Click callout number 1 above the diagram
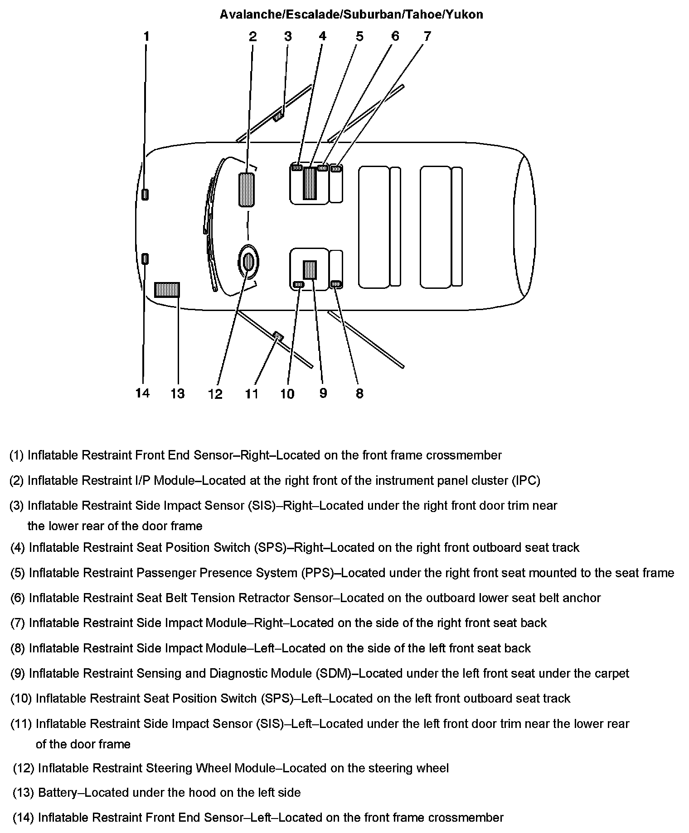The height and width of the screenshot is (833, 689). pos(146,36)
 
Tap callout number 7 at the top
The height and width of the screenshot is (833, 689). pos(427,36)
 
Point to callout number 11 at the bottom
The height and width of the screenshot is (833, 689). pos(252,393)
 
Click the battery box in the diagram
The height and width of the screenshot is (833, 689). pos(167,290)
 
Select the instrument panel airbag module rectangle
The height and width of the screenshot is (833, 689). pos(247,190)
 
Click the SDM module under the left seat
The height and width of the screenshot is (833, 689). pos(310,270)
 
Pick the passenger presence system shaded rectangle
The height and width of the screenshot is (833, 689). pos(310,183)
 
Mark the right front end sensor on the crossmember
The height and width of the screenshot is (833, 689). pos(145,195)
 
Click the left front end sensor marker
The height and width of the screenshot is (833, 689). pos(145,259)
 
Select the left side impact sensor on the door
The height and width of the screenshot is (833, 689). pos(278,336)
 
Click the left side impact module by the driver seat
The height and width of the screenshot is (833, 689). pos(336,284)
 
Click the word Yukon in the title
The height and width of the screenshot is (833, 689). pos(464,14)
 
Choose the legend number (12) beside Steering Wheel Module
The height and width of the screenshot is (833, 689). pos(24,768)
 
